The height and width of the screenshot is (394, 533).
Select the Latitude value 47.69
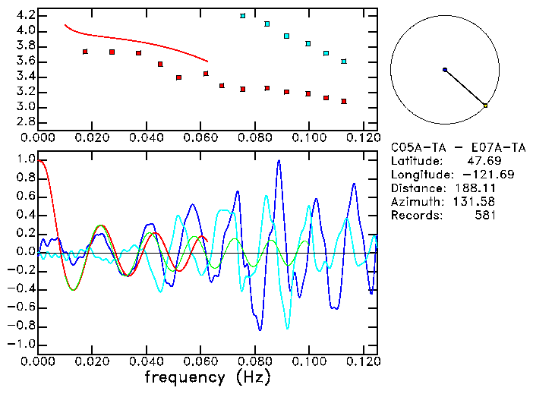coord(479,161)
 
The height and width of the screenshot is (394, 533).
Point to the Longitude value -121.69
coord(475,175)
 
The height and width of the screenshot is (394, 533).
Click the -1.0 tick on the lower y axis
coord(22,344)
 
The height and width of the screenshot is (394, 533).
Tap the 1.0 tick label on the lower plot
coord(25,160)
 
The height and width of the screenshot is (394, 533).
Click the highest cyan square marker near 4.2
coord(243,16)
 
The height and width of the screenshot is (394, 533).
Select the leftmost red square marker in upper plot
coord(85,52)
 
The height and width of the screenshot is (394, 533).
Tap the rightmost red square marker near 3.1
coord(344,101)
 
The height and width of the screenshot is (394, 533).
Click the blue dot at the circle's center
coord(445,70)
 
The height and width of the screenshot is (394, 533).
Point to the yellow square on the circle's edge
coord(485,106)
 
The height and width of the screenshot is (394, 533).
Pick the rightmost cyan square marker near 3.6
coord(344,61)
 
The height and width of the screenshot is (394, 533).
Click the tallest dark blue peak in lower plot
coord(279,162)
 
